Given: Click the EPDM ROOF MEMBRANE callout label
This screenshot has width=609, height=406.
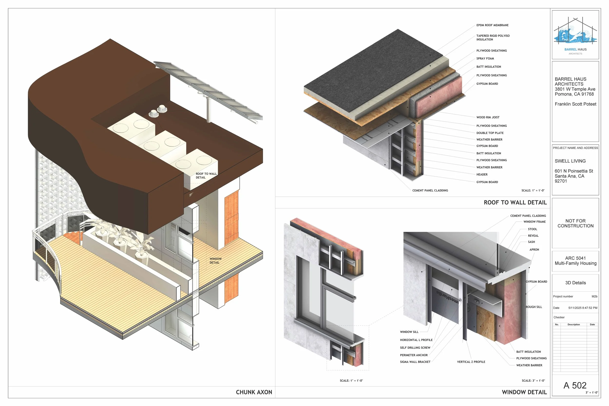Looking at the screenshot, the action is pos(492,25).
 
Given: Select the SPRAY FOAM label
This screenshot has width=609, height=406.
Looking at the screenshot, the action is pos(485,58).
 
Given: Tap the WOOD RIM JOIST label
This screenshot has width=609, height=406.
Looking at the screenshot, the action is pos(488,117).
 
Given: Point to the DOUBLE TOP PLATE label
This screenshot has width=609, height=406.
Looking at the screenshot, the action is pos(490,133).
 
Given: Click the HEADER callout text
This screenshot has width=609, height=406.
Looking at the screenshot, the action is pos(482,175).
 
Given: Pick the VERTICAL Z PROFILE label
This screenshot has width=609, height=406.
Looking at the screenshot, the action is pos(471,362).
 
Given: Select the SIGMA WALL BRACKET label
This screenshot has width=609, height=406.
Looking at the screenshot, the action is pos(415,362).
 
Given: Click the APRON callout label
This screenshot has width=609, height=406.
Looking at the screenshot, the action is pos(534,250).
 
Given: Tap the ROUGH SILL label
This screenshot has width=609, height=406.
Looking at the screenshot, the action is pos(534,307).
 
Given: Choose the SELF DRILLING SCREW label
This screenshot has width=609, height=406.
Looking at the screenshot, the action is pos(415,348).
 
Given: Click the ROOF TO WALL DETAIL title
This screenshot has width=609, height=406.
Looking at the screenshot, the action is pos(515,202).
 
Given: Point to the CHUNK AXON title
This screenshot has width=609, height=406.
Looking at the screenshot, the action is pos(254,392).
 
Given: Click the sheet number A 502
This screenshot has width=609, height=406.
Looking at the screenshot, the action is pos(575,385).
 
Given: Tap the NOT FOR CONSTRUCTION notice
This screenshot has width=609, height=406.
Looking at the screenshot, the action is pos(575,223).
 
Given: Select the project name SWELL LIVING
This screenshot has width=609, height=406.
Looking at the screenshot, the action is pos(570,161).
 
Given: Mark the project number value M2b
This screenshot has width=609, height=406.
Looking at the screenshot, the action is pos(594,296).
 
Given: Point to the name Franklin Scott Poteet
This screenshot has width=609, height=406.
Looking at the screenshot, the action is pos(575,104).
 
